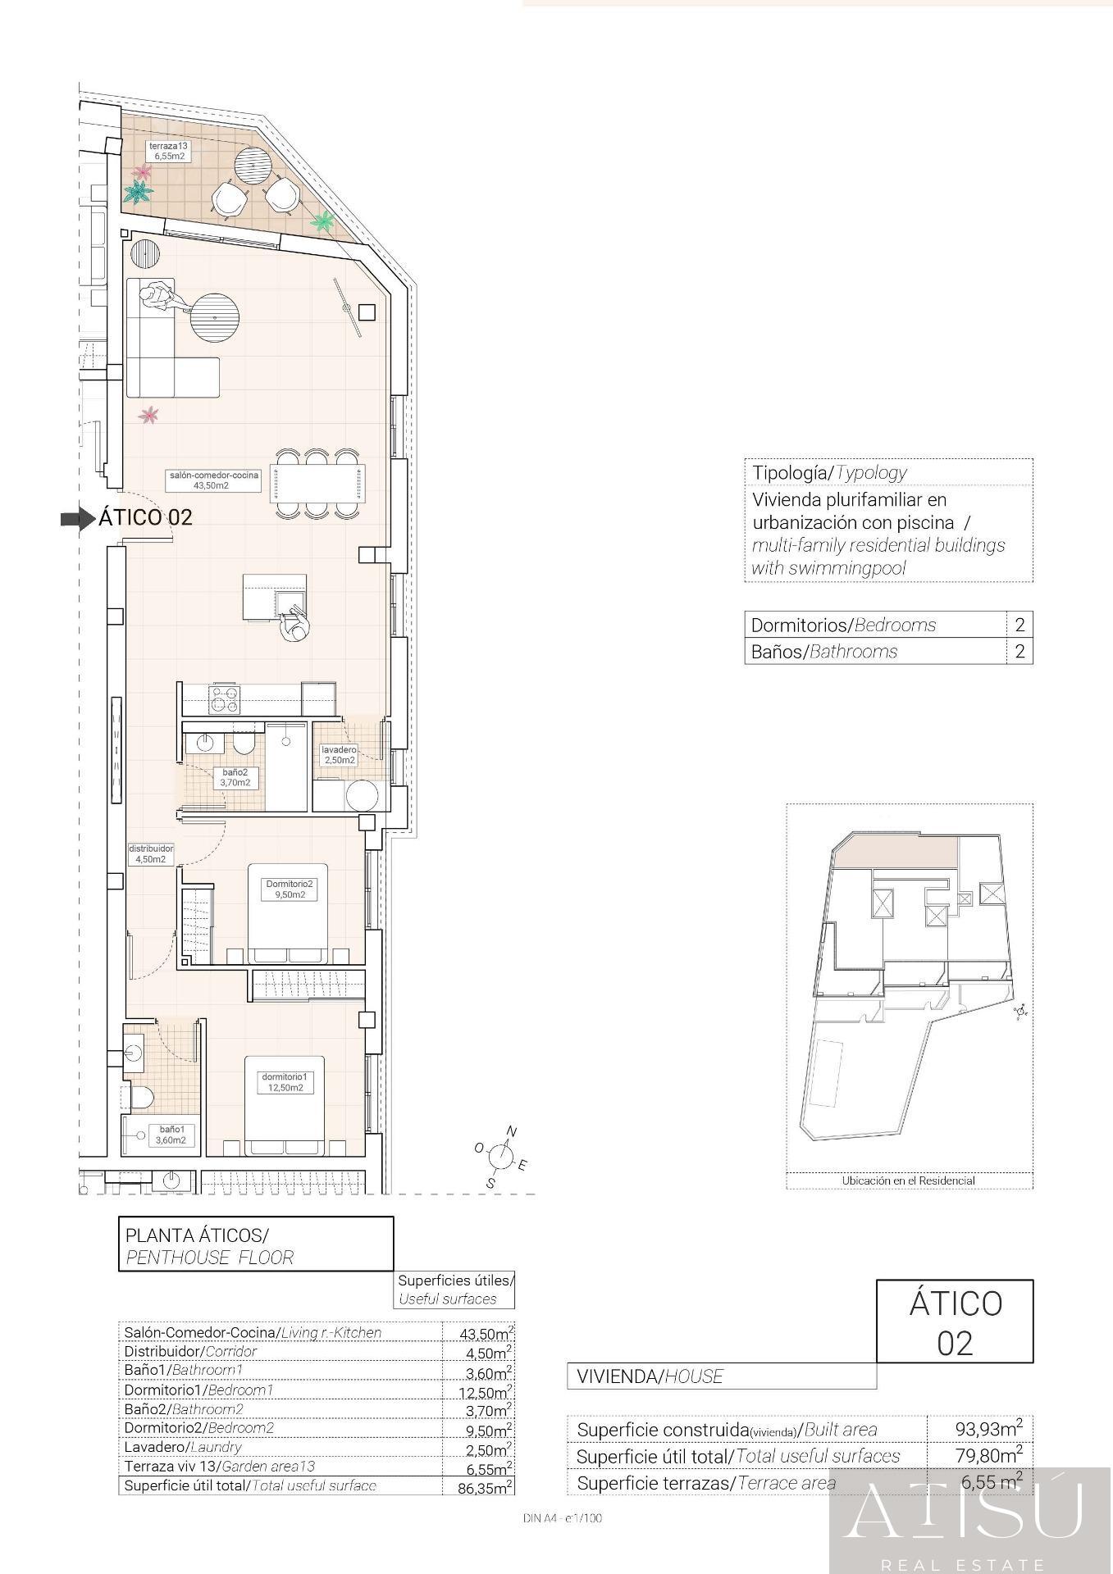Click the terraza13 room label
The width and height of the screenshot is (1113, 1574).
[x=167, y=151]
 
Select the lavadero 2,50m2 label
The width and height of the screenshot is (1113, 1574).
[x=339, y=755]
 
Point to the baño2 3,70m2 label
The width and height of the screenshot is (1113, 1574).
[x=235, y=778]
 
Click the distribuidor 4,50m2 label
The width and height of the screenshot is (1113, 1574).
[x=151, y=854]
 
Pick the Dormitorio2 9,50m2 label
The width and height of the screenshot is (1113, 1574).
[x=290, y=889]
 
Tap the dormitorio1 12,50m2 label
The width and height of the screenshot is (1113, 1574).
[x=284, y=1082]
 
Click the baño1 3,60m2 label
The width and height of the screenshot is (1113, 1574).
[x=171, y=1135]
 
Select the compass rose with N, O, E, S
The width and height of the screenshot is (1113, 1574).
[x=499, y=1156]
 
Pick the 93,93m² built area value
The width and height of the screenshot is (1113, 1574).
[x=988, y=1428]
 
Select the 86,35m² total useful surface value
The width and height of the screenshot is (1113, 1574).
[x=486, y=1487]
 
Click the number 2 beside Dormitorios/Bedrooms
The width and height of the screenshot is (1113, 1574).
[x=1019, y=625]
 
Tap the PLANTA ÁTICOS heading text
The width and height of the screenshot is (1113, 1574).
[x=197, y=1235]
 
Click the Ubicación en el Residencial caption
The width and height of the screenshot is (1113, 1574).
[x=909, y=1180]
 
